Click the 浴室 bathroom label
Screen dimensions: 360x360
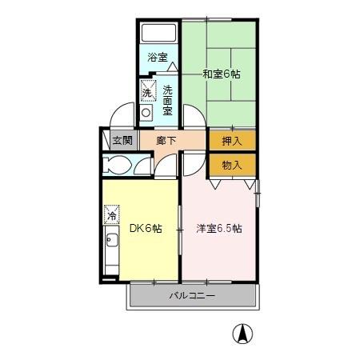point(158,57)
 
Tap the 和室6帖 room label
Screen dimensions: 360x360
point(222,74)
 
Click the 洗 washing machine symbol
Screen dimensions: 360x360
point(147,91)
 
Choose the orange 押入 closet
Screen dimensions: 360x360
point(232,140)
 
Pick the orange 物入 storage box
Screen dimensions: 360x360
point(232,165)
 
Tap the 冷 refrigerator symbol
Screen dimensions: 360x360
point(112,215)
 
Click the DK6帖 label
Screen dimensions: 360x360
point(146,228)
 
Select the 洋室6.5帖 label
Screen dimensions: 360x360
point(219,228)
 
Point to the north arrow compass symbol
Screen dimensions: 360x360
point(240,333)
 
